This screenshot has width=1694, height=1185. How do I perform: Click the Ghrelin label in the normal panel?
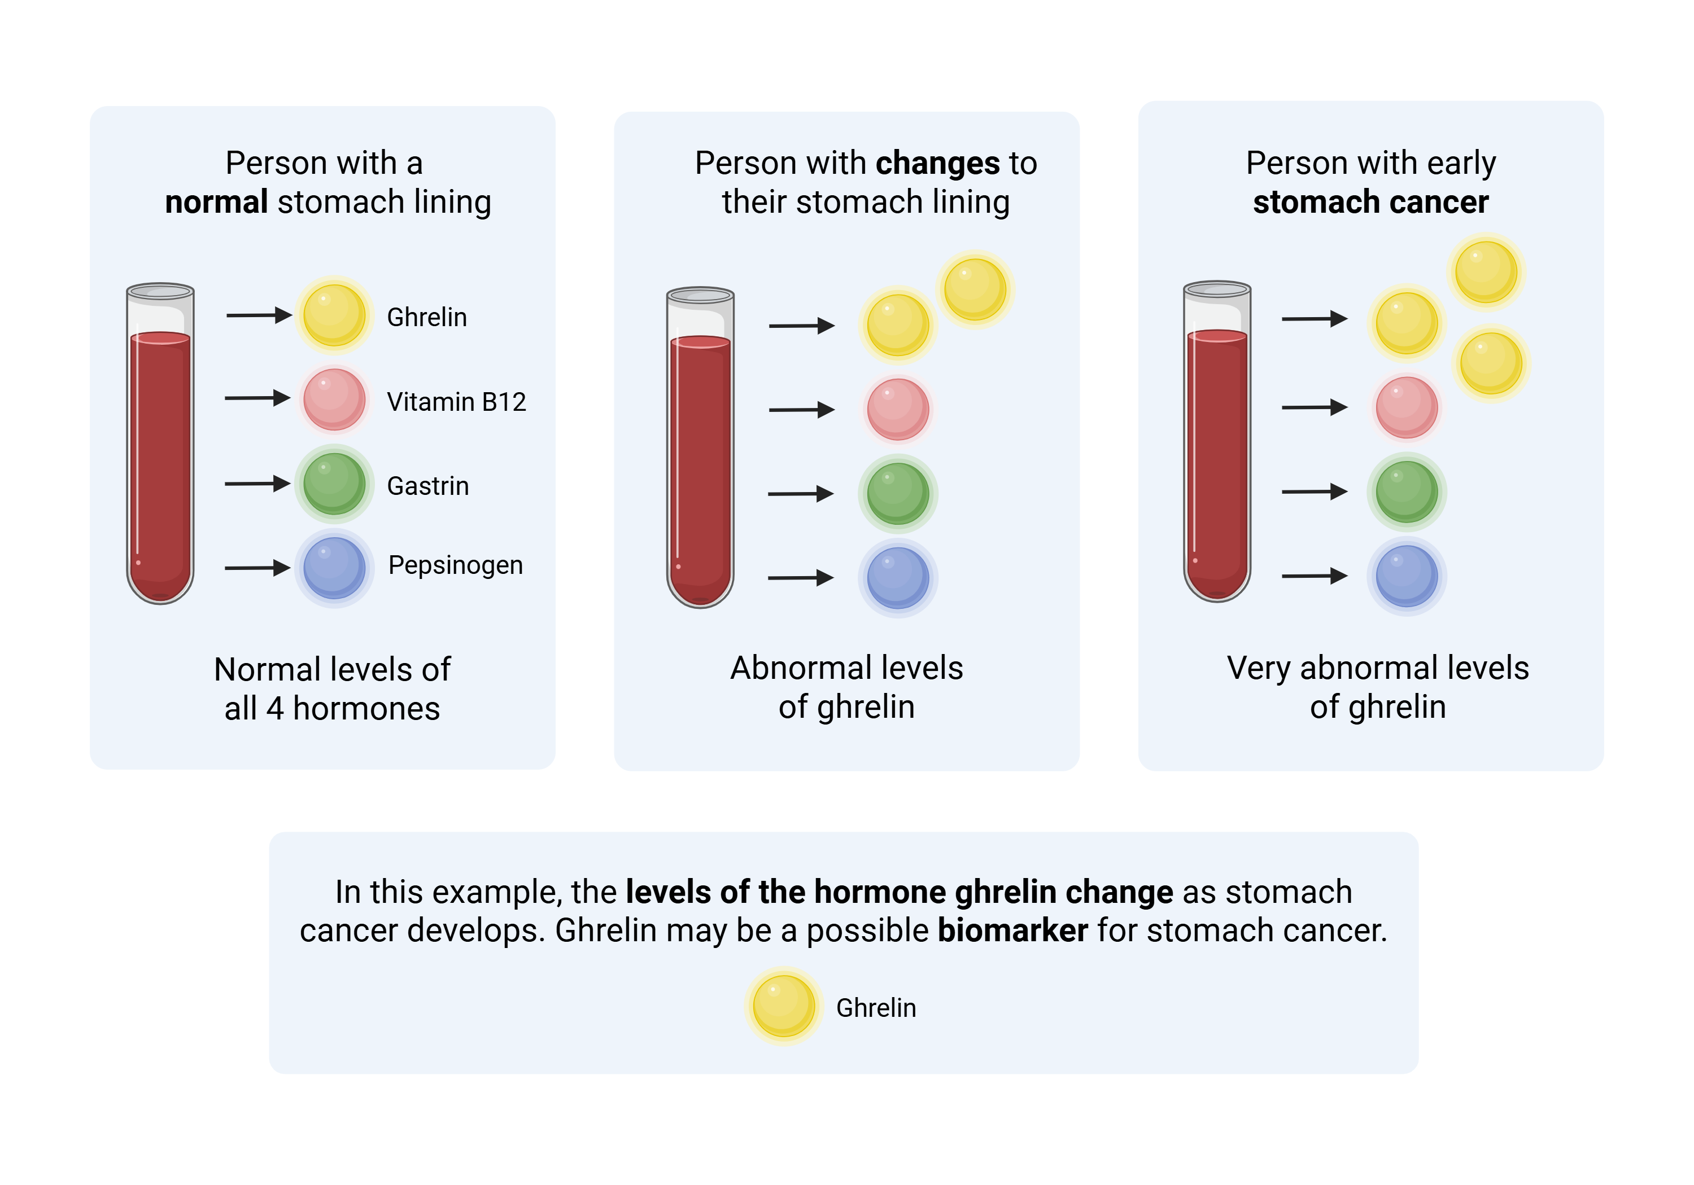[426, 317]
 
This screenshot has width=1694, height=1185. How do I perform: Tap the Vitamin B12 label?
[456, 402]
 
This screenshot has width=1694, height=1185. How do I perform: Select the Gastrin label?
[428, 486]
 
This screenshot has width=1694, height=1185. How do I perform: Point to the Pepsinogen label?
[455, 565]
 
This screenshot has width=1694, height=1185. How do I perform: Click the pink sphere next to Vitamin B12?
[334, 400]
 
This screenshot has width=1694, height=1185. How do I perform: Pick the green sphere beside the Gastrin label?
[334, 484]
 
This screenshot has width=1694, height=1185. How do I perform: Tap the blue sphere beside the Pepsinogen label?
[334, 568]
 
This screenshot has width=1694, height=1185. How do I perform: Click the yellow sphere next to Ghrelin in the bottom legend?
[784, 1006]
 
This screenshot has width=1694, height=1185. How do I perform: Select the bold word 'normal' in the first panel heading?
[216, 202]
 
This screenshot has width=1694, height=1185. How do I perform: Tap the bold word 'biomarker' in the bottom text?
[1012, 931]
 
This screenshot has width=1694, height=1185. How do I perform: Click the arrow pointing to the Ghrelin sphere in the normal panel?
[258, 315]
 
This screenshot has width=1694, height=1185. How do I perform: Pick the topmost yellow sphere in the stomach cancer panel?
[1486, 272]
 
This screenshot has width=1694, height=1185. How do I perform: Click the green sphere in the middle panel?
[898, 493]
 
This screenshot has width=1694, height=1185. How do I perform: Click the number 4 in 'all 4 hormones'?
[274, 709]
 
